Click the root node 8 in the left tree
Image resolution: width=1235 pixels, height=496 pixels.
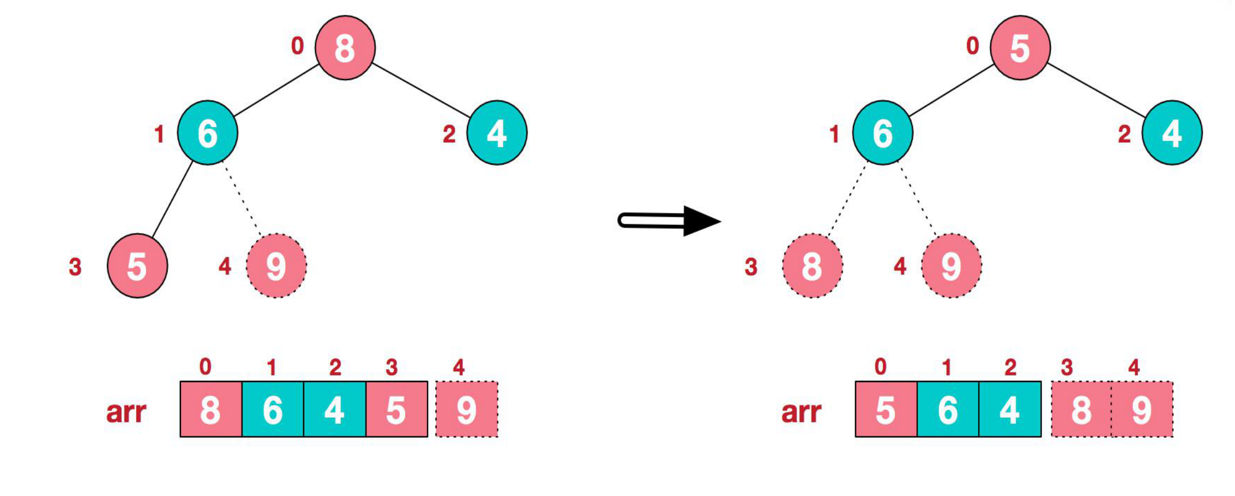pyautogui.click(x=345, y=48)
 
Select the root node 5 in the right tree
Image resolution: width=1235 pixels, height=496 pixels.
pyautogui.click(x=1020, y=48)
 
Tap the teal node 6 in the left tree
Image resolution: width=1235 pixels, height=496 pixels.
pyautogui.click(x=207, y=133)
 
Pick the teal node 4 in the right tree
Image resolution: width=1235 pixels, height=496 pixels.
pyautogui.click(x=1172, y=133)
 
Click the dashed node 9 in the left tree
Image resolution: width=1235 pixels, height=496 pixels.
pyautogui.click(x=276, y=266)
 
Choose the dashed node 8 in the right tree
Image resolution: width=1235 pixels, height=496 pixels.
pyautogui.click(x=812, y=266)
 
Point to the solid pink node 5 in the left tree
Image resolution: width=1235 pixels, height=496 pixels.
pyautogui.click(x=137, y=266)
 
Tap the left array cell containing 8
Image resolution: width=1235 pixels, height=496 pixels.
pyautogui.click(x=211, y=409)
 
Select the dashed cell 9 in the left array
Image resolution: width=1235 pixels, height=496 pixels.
pyautogui.click(x=466, y=409)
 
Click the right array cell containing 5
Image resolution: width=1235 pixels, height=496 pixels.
pyautogui.click(x=886, y=409)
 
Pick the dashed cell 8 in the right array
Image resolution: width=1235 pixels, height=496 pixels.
pyautogui.click(x=1081, y=409)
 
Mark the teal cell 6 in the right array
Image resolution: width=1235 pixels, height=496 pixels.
pyautogui.click(x=948, y=409)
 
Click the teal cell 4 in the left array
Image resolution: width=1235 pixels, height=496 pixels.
pyautogui.click(x=335, y=409)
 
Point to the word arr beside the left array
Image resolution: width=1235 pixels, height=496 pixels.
pyautogui.click(x=126, y=412)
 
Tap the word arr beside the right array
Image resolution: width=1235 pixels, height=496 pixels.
pyautogui.click(x=801, y=412)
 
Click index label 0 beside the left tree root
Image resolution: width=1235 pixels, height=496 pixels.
pyautogui.click(x=298, y=46)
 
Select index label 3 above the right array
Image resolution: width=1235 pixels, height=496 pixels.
pyautogui.click(x=1067, y=367)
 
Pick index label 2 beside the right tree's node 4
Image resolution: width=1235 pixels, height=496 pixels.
pyautogui.click(x=1124, y=134)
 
